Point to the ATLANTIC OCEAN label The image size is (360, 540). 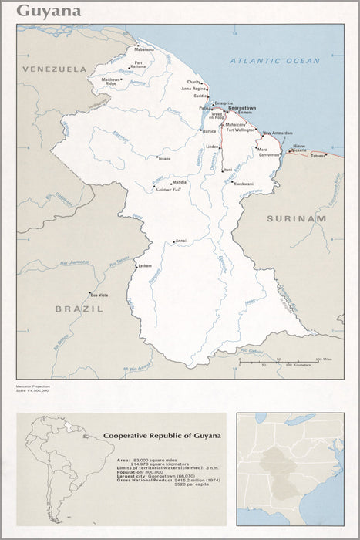point(274,60)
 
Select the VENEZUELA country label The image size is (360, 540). point(54,69)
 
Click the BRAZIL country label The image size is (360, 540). point(79,309)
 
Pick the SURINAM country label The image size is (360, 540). point(297,218)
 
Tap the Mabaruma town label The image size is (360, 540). point(143,49)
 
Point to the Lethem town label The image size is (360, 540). point(147,266)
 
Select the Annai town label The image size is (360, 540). point(180,241)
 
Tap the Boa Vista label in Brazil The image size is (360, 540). point(99,295)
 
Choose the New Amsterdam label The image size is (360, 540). point(278,133)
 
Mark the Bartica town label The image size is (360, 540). point(209,131)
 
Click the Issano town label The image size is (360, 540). point(164,158)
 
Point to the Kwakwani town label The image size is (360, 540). point(244,184)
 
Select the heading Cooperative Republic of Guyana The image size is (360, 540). point(162,436)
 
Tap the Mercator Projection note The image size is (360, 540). point(34,386)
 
